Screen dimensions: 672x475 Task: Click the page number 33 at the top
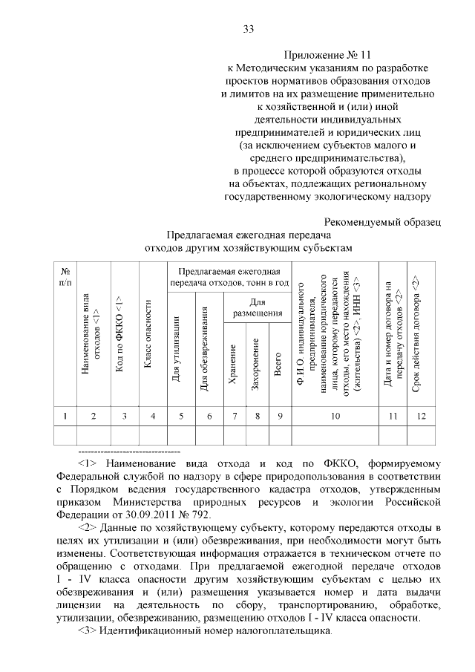tap(249, 29)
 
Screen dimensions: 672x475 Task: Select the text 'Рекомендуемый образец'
tap(384, 221)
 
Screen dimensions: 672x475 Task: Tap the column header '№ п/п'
tap(65, 277)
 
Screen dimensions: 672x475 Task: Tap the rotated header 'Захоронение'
tap(255, 364)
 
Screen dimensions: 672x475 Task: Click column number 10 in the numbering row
tap(335, 416)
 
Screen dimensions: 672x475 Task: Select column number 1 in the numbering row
tap(65, 416)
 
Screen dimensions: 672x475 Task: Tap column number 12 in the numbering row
tap(421, 416)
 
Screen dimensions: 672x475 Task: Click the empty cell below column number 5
tap(181, 434)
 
